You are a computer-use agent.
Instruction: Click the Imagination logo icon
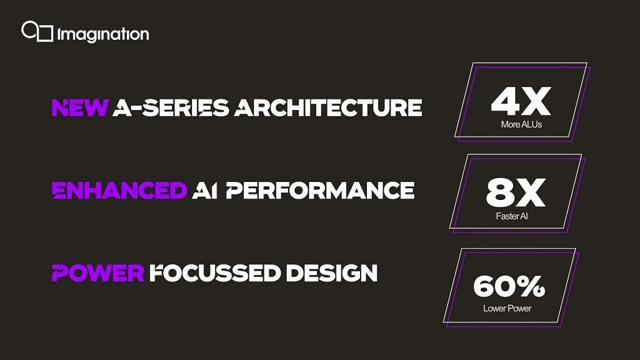pos(37,31)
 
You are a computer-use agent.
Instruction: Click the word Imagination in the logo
pos(103,34)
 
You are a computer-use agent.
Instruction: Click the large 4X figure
pos(521,103)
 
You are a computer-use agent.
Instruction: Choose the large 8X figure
pos(516,195)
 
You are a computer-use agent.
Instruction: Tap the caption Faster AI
pos(516,217)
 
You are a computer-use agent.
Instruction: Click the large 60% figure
pos(509,287)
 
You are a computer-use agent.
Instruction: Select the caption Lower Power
pos(508,309)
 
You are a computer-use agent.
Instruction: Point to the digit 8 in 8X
pos(500,195)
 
